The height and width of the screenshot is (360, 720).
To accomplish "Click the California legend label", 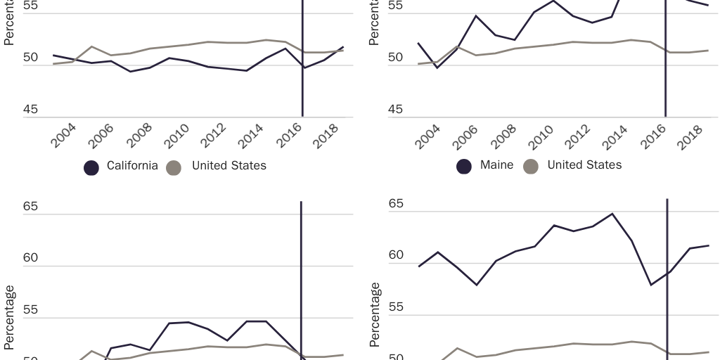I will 132,167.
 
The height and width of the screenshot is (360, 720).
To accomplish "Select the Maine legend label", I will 496,165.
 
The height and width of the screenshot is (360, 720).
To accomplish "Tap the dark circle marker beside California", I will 91,167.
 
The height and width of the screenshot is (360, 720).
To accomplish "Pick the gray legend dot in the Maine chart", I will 531,167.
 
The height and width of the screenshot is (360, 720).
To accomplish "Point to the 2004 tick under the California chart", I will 65,136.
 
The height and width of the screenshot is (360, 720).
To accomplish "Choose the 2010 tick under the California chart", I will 176,136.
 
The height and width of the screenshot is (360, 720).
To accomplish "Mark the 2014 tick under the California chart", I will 250,136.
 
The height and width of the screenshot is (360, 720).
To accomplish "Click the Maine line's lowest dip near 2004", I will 437,67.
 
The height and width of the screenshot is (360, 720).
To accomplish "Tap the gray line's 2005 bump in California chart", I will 92,46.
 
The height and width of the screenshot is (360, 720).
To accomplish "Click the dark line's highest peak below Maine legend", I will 612,214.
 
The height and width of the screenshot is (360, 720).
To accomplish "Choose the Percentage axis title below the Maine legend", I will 375,314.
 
